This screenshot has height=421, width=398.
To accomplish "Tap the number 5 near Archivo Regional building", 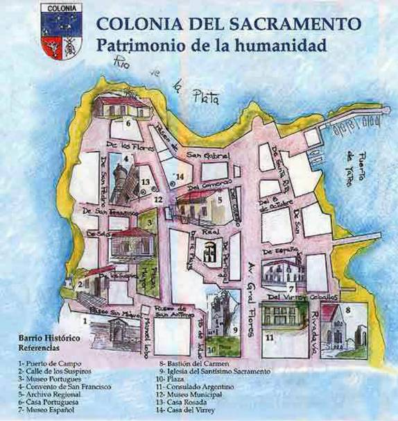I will pyautogui.click(x=219, y=201).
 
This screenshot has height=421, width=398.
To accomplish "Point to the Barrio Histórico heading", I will pyautogui.click(x=49, y=338).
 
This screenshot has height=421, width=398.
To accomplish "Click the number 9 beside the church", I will pyautogui.click(x=236, y=329).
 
